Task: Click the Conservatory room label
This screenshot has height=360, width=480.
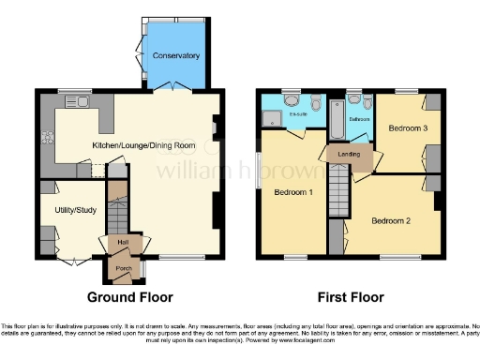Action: [177, 56]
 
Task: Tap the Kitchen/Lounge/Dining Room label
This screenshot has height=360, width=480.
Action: [143, 146]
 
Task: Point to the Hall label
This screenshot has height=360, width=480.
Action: [123, 243]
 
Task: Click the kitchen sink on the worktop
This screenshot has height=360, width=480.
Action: [74, 100]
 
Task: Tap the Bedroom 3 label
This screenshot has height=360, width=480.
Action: [409, 127]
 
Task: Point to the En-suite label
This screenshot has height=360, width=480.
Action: [298, 114]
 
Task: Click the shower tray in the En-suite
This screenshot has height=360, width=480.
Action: [273, 117]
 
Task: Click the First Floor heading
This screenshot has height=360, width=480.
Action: [350, 298]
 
